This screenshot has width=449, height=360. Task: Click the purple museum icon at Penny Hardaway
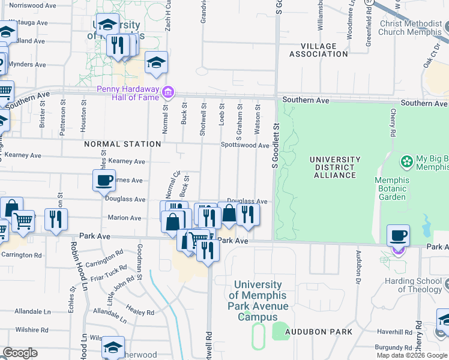(x=169, y=92)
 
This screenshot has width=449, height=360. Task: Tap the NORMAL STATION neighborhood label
(x=122, y=144)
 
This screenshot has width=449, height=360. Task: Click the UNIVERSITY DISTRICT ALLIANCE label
(x=335, y=167)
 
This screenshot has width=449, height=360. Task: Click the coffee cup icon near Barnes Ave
(x=104, y=180)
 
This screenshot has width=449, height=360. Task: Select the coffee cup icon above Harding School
(x=398, y=235)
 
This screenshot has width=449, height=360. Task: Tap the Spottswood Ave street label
(x=245, y=145)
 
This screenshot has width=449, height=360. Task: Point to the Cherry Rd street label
(x=394, y=122)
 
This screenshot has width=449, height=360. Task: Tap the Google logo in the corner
(x=20, y=353)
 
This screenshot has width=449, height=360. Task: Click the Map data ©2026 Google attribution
(x=412, y=355)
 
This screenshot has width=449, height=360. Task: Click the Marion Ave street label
(x=124, y=218)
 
